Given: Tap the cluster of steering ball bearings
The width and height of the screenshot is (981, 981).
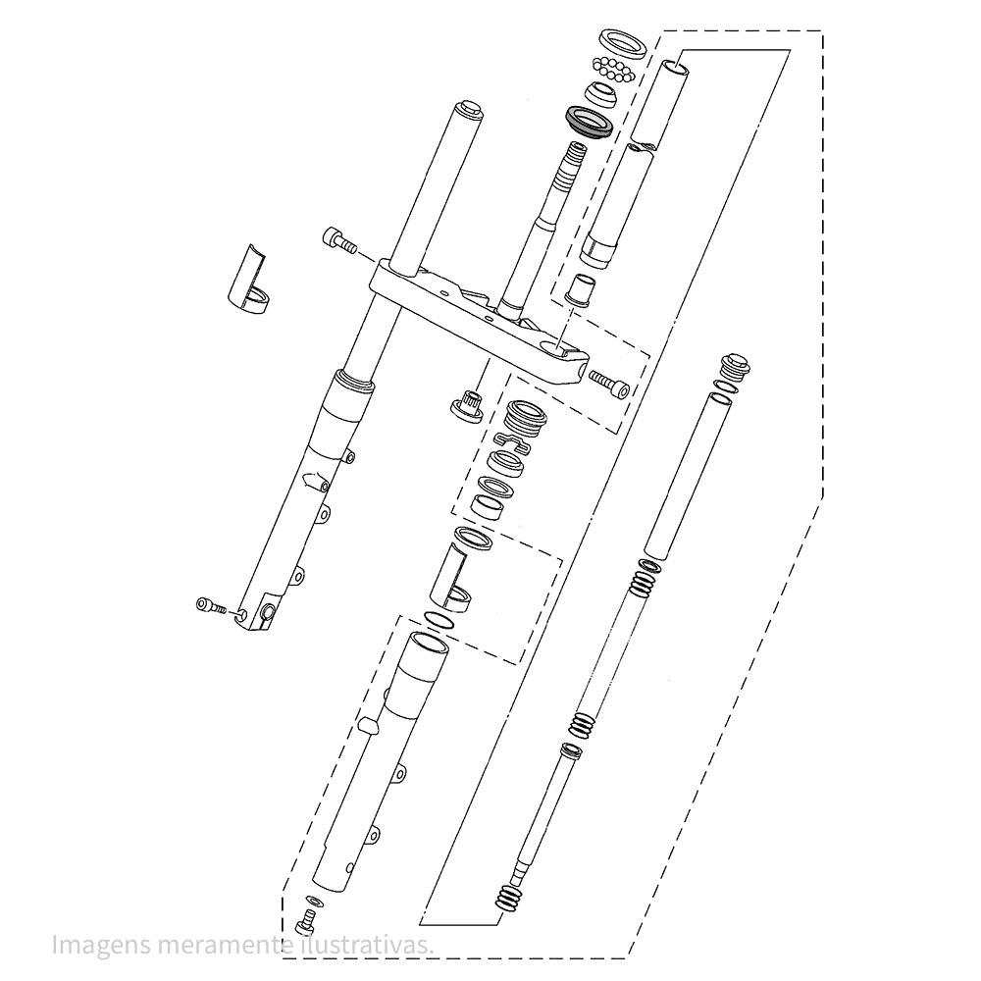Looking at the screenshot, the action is coord(614,69).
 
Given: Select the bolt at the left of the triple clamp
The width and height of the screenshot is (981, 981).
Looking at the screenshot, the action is coord(338,241).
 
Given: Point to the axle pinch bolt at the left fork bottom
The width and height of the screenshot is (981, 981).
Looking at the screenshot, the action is coord(210,605).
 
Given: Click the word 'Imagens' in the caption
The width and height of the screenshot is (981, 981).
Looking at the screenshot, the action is coord(101,945).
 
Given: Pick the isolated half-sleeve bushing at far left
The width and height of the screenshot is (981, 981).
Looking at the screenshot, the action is coord(247,280).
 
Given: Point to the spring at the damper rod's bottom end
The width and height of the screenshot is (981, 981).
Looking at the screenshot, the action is coord(507,899).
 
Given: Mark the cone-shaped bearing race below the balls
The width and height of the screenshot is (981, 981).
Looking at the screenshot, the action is coord(600,94).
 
